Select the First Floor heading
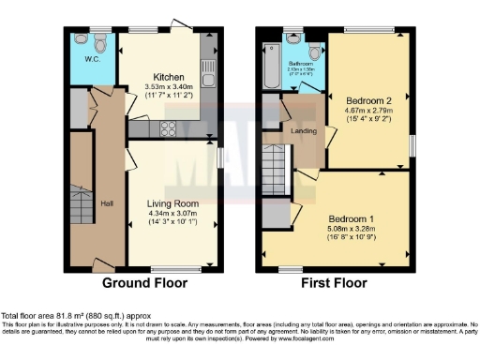click(336, 282)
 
